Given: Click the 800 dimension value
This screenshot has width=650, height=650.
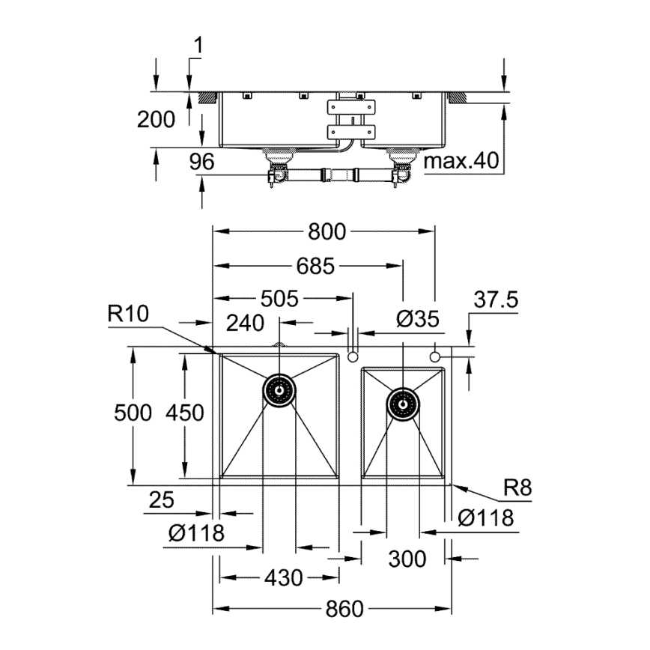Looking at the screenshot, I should click(x=326, y=232).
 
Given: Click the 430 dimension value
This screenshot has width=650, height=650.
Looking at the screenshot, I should click(x=283, y=578).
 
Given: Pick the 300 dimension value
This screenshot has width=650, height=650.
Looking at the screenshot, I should click(x=407, y=559).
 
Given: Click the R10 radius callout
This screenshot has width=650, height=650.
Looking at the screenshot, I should click(x=129, y=315).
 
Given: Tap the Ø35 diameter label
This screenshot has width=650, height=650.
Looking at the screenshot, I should click(x=416, y=320).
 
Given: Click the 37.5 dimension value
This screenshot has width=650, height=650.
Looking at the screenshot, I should click(x=496, y=300).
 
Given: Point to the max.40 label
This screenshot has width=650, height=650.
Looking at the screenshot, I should click(x=460, y=161).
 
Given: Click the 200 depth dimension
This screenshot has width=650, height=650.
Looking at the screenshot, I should click(x=157, y=119).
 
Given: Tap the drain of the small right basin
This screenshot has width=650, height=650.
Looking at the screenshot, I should click(x=403, y=404).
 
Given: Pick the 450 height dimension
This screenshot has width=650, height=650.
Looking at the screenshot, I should click(x=185, y=413).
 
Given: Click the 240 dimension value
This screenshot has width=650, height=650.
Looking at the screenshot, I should click(x=245, y=323).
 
